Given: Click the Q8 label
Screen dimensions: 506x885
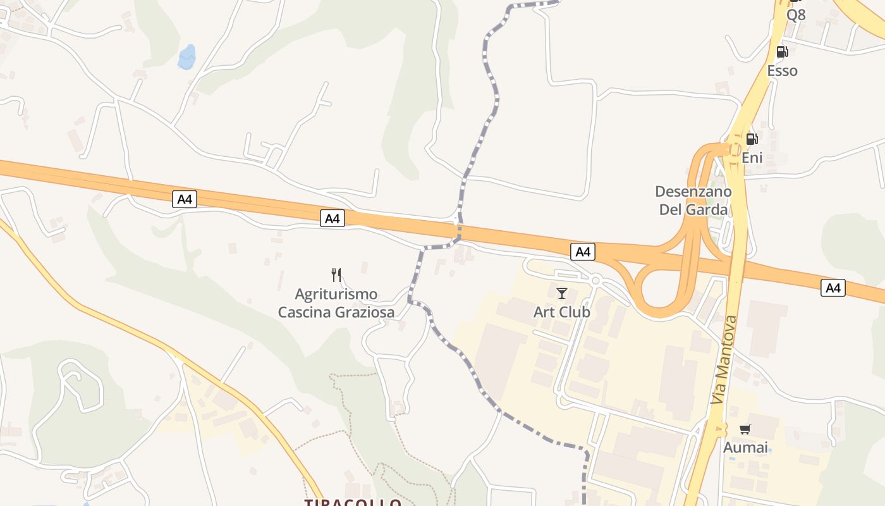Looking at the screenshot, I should [x=796, y=15].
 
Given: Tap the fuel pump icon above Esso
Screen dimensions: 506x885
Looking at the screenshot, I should [x=782, y=52].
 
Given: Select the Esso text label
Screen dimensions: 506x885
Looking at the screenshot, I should [x=782, y=70].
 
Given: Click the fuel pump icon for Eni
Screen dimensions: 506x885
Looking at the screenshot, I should [x=752, y=139].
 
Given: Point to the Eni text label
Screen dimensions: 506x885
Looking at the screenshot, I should [x=752, y=157].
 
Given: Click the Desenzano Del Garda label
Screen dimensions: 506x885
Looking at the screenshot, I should [x=693, y=200].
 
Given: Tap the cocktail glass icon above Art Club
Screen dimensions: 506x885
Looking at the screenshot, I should [x=561, y=293].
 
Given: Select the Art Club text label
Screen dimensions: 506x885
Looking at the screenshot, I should [x=561, y=312].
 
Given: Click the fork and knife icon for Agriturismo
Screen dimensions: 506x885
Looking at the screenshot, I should [x=336, y=275].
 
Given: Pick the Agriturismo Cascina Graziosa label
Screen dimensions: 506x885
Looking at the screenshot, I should [x=336, y=303].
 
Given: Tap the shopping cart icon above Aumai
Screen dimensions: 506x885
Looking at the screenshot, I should [x=745, y=429].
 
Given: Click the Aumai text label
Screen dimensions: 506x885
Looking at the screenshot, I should [x=745, y=448].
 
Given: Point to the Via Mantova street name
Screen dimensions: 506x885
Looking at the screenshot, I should [x=724, y=360].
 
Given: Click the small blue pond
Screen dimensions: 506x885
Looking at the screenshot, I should [x=186, y=57].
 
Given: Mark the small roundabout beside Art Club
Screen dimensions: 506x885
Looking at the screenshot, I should [x=595, y=280].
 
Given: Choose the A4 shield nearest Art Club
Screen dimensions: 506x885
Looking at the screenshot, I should [x=582, y=252].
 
